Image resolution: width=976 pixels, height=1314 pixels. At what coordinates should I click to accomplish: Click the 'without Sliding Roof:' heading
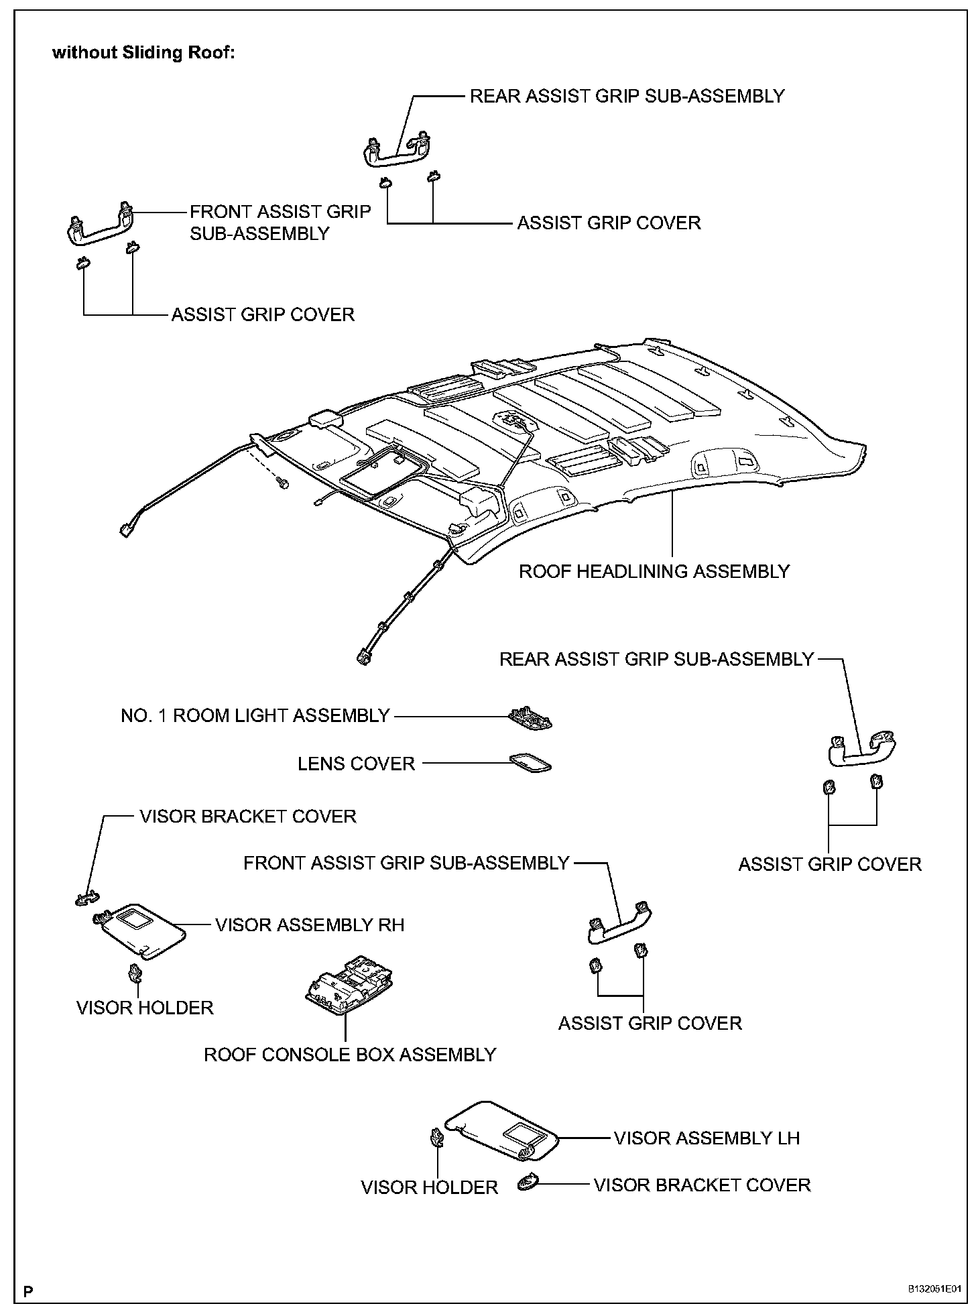[143, 54]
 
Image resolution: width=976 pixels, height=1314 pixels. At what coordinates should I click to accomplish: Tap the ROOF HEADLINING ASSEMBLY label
[654, 571]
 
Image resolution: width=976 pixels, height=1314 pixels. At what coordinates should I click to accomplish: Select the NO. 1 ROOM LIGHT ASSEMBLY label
[255, 716]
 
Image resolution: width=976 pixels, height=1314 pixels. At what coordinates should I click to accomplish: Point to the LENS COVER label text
[357, 764]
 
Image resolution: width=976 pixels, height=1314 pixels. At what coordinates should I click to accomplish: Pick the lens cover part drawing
[530, 763]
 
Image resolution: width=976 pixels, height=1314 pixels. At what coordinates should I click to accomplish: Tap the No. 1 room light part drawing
[531, 718]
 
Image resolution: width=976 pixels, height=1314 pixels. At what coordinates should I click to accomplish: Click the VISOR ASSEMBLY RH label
[310, 925]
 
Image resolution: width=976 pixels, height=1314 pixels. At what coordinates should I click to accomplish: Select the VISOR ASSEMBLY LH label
[707, 1138]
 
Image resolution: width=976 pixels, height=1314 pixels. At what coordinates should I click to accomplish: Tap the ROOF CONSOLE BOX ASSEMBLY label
[349, 1055]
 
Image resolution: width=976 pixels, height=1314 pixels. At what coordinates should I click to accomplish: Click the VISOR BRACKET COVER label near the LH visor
[702, 1185]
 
